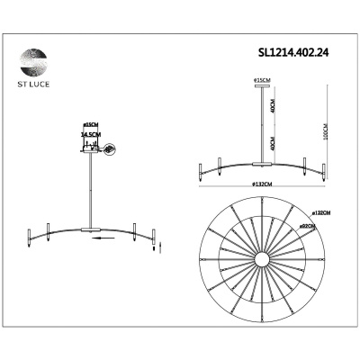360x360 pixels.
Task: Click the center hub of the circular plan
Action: tap(262, 260)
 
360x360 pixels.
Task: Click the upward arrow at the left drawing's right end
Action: tap(163, 236)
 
